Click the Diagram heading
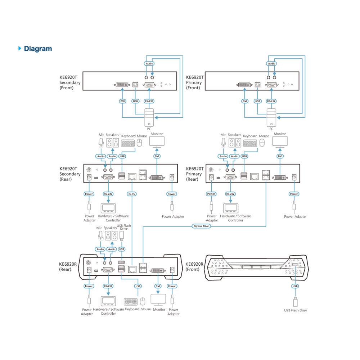coord(38,49)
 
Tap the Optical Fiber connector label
coord(201,226)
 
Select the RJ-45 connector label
coord(132,194)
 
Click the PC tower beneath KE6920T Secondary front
coord(149,118)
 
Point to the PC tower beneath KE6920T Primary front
coord(271,118)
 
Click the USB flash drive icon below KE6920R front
coord(296,302)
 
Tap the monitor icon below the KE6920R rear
coord(158,300)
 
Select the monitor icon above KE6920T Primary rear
coord(280,142)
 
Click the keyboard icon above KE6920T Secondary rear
coord(128,143)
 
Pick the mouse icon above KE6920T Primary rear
coord(262,143)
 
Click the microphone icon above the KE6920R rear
coord(100,235)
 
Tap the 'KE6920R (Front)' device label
coord(194,267)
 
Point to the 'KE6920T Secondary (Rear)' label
coord(70,174)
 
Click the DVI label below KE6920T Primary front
coord(245,101)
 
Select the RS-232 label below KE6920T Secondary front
coord(149,101)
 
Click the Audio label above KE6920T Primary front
coord(271,64)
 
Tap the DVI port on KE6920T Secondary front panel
coord(122,85)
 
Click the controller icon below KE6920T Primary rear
coord(231,208)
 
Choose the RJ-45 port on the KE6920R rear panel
coord(132,269)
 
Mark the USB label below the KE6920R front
coord(295,286)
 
